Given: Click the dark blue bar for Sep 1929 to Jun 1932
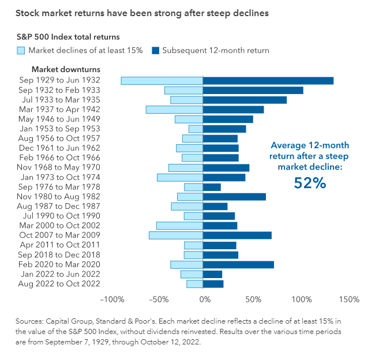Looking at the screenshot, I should (x=268, y=81).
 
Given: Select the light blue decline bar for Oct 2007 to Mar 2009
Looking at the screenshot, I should (x=176, y=235).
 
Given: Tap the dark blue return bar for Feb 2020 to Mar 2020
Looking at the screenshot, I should (x=238, y=264).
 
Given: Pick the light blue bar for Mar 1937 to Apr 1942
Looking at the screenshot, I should (x=174, y=110).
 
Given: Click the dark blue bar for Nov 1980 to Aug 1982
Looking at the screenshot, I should (x=234, y=197).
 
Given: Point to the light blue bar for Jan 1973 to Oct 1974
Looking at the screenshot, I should (x=180, y=177).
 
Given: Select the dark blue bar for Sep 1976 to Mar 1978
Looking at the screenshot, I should (x=212, y=187).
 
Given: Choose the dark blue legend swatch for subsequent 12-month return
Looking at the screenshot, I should (x=155, y=50).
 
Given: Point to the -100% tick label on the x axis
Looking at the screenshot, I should (x=112, y=300).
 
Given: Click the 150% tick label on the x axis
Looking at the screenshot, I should (x=350, y=300).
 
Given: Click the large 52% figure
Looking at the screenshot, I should (x=310, y=183).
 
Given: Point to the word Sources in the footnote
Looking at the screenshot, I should (x=31, y=320).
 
